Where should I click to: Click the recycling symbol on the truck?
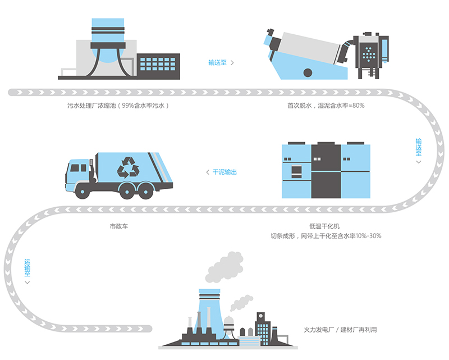(x=129, y=166)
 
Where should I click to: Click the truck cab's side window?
(x=77, y=167)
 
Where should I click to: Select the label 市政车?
(x=119, y=227)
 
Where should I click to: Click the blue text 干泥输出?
(x=224, y=172)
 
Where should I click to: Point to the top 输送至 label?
(x=217, y=62)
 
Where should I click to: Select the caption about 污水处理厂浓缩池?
(x=118, y=105)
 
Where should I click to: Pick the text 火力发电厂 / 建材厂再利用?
(x=340, y=330)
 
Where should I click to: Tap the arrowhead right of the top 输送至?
(x=232, y=63)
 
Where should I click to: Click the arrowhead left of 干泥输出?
(x=207, y=172)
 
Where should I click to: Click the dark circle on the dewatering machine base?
(x=308, y=72)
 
